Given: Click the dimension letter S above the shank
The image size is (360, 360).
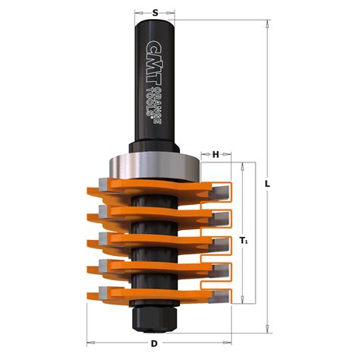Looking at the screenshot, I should coord(155,13).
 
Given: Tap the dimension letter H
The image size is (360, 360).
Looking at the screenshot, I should coord(215,155).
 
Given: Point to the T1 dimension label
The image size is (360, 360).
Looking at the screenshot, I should coord(243,241).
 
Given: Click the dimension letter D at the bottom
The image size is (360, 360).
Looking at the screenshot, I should coord(155,344).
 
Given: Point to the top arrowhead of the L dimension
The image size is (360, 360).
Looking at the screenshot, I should coord(268,24).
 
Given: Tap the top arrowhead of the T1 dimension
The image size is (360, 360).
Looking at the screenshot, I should coord(243,165).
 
